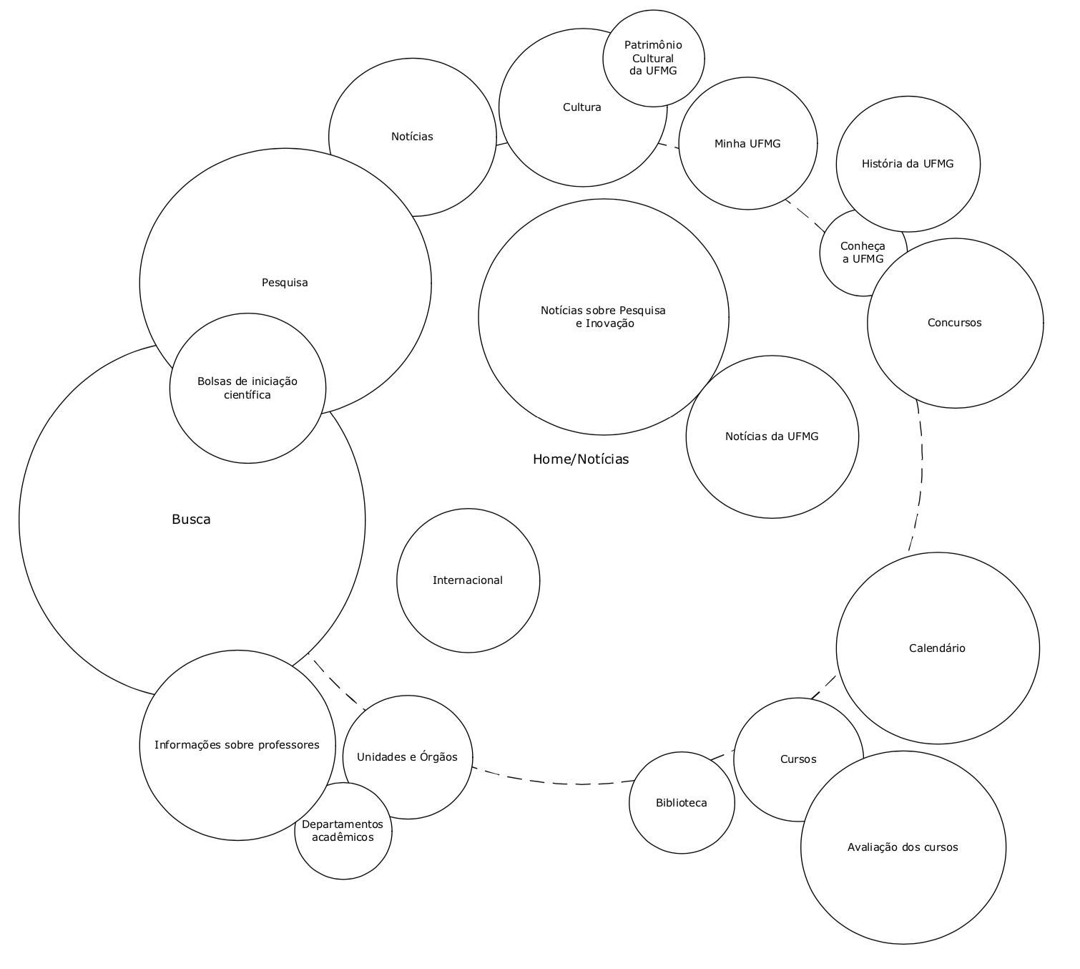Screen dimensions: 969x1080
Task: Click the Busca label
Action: coord(191,520)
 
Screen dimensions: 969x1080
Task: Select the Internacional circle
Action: coord(468,580)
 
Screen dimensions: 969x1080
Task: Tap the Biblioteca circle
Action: coord(682,803)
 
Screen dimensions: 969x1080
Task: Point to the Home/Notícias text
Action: coord(581,459)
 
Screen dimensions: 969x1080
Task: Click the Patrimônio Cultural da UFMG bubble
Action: coord(653,58)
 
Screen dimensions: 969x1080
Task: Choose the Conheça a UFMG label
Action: coord(863,253)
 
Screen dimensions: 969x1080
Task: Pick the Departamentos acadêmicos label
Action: coord(343,831)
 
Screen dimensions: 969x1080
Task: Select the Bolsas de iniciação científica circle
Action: coord(247,389)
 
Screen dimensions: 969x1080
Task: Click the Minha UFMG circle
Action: coord(747,144)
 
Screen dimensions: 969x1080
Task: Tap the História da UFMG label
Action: coord(908,164)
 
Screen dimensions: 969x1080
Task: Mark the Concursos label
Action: coord(954,323)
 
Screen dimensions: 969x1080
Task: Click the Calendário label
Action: coord(937,648)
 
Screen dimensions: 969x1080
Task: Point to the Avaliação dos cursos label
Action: coord(903,847)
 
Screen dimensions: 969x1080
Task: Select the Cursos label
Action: coord(798,759)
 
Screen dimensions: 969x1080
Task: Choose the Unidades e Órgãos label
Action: coord(407,757)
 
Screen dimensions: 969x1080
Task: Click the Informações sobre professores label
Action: coord(237,745)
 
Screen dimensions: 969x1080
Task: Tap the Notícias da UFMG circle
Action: coord(772,437)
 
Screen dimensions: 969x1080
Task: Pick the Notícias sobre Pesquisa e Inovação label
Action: coord(604,317)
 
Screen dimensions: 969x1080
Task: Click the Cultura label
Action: coord(582,108)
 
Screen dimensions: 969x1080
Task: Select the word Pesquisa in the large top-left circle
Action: coord(285,283)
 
